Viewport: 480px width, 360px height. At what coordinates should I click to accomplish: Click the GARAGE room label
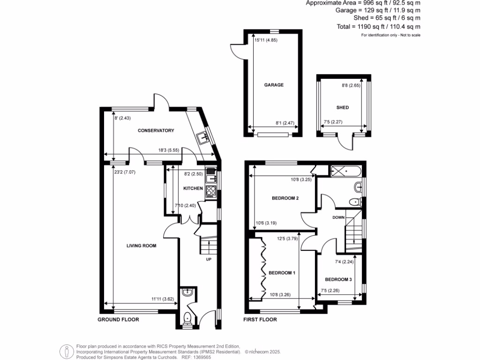point(274,85)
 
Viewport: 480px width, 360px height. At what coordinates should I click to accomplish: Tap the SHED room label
point(343,108)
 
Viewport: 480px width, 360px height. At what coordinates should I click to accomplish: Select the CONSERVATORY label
point(156,131)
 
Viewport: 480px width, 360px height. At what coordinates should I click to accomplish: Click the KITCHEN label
point(193,188)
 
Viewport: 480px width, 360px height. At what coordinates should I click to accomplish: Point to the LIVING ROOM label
point(141,246)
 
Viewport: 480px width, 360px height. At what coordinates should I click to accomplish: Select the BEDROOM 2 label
point(285,198)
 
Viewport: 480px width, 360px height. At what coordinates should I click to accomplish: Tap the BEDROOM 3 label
point(338,280)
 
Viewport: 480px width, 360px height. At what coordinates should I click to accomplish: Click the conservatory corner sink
point(203,138)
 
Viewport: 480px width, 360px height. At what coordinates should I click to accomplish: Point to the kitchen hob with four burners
point(210,191)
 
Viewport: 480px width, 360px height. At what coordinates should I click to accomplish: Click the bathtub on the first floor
point(345,171)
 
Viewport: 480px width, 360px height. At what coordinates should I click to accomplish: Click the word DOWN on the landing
point(338,217)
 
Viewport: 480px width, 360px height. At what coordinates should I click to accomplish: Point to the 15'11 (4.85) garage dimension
point(266,41)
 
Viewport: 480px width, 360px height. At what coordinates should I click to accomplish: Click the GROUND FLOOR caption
point(118,320)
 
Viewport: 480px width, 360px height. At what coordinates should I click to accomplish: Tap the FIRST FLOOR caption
point(260,320)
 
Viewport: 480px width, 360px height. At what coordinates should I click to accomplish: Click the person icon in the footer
point(67,351)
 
